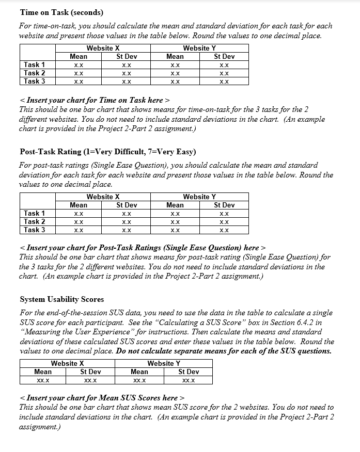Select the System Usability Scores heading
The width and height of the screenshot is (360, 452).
(61, 299)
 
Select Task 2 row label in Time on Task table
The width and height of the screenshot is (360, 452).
(35, 73)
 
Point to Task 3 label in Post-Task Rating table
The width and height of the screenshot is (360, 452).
(35, 230)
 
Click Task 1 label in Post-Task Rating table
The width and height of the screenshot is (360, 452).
(35, 213)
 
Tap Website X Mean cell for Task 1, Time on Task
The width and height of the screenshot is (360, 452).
(78, 65)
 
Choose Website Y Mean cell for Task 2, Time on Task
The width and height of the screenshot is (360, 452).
(175, 73)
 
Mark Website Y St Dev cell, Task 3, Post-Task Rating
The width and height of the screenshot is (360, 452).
(224, 230)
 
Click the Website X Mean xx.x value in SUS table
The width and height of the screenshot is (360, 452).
(43, 380)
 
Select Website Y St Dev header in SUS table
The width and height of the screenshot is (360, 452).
(189, 372)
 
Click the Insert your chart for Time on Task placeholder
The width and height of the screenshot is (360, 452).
(95, 100)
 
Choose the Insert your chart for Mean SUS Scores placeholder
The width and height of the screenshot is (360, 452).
(101, 398)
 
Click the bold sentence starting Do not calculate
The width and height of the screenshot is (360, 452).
(224, 351)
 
